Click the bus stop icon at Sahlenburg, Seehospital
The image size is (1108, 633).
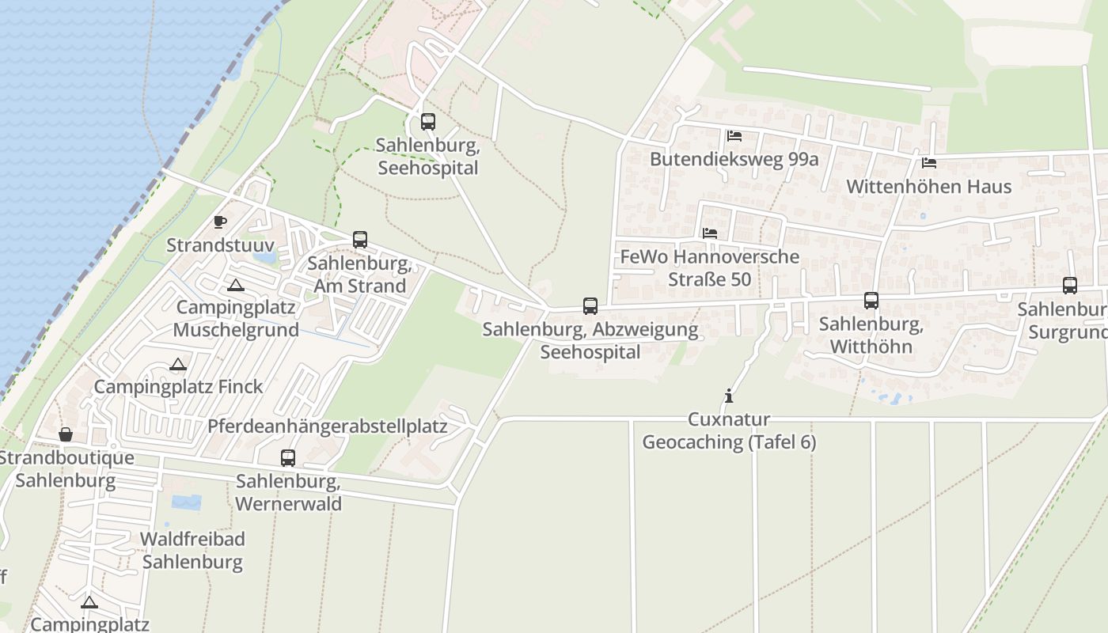coord(428,122)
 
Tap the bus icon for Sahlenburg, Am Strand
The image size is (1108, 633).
coord(360,239)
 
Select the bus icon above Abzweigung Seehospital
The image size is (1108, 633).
coord(590,305)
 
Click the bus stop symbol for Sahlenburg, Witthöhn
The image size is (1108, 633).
coord(871,301)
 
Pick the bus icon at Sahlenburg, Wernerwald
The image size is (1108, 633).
coord(288,457)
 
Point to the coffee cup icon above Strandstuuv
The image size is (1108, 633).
coord(220,222)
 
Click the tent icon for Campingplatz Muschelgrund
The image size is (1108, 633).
coord(235,285)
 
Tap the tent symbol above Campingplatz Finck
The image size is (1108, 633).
coord(178,365)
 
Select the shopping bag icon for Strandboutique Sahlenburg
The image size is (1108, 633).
coord(66,434)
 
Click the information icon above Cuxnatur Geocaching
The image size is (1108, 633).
coord(729,396)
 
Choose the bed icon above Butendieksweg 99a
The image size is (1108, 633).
coord(734,136)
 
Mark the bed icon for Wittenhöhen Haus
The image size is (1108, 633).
coord(929,163)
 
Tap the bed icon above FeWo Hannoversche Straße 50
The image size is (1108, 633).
coord(710,233)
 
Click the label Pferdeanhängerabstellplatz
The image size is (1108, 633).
coord(328,426)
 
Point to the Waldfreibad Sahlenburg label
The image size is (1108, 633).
coord(192,551)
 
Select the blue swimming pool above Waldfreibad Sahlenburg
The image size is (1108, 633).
coord(186,502)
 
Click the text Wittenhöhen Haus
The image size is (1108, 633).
coord(929,187)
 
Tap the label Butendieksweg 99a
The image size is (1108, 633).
coord(734,159)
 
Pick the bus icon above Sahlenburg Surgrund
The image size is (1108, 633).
coord(1070,286)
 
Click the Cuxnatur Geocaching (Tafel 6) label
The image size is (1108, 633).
coord(729,431)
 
